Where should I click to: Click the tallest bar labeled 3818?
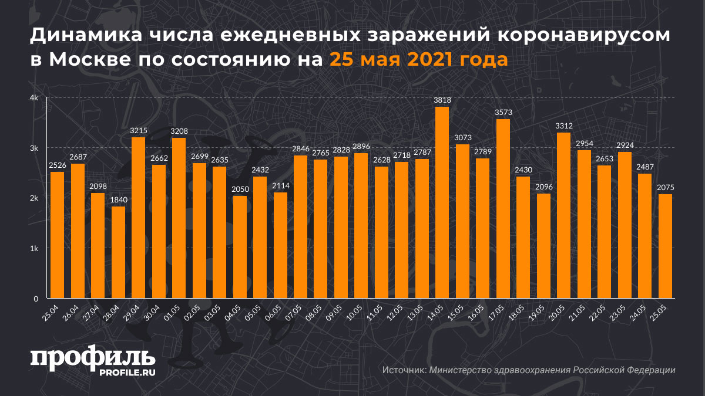pos(442,202)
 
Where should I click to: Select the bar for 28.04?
pos(118,252)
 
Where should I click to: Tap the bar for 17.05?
pos(502,208)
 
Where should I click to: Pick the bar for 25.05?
pos(665,246)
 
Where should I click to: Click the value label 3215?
pos(138,131)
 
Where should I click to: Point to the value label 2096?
pos(543,187)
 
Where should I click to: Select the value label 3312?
pos(563,126)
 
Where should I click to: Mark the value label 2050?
pos(239,189)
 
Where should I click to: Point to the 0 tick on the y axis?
pos(36,299)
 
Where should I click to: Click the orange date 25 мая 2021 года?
pos(418,60)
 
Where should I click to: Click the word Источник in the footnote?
pos(404,370)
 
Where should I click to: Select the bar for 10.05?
pos(361,226)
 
